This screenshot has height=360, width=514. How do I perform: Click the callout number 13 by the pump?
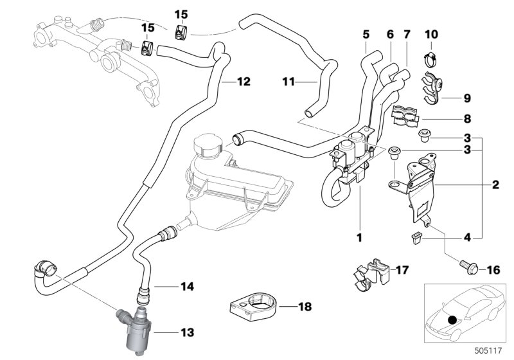tap(187, 333)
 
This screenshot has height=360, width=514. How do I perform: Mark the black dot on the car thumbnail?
tap(454, 319)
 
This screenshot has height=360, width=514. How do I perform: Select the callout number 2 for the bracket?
tap(495, 186)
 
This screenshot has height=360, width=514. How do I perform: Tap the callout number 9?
tap(466, 98)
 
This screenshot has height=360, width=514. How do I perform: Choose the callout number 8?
tap(466, 119)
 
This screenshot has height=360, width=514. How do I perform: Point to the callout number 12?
tap(243, 82)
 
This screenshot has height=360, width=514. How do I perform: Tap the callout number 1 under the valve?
tap(360, 238)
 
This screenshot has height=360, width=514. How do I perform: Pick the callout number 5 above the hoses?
tap(366, 33)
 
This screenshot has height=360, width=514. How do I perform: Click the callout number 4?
tap(466, 238)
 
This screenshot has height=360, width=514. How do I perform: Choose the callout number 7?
tap(405, 33)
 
